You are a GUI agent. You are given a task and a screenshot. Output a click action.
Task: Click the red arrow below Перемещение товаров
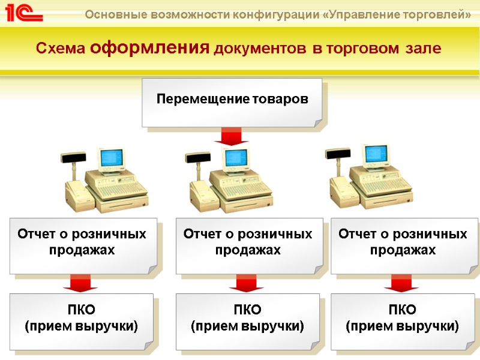coord(232,137)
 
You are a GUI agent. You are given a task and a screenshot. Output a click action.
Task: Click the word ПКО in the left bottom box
coord(81,310)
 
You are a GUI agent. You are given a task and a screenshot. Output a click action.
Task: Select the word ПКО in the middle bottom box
coord(247,310)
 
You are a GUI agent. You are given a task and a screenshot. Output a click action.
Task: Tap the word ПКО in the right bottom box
coord(402,310)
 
